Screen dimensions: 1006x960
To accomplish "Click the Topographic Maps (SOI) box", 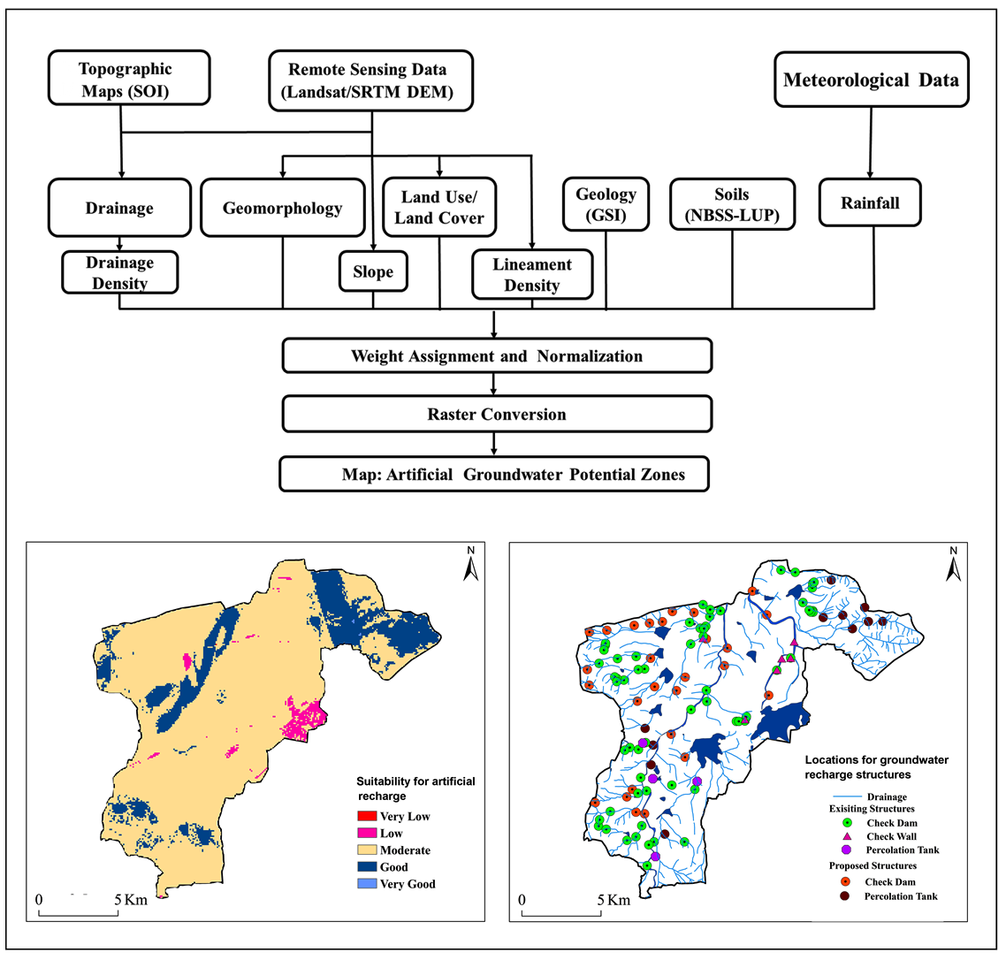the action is pyautogui.click(x=129, y=78).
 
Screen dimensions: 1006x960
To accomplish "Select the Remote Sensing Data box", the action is pyautogui.click(x=370, y=80).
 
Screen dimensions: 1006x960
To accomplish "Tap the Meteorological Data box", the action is pyautogui.click(x=872, y=80).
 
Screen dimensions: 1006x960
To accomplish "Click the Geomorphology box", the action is pyautogui.click(x=282, y=208).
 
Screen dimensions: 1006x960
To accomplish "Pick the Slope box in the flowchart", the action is pyautogui.click(x=373, y=271).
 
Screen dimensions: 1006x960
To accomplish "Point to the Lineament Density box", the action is pyautogui.click(x=532, y=275).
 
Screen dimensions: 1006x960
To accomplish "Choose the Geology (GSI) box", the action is pyautogui.click(x=606, y=204).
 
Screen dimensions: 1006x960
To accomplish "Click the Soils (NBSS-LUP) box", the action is pyautogui.click(x=732, y=204).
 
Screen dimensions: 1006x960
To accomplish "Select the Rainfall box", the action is pyautogui.click(x=870, y=202).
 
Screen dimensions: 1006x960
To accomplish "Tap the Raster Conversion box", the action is pyautogui.click(x=497, y=414).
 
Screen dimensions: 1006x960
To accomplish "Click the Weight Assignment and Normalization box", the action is pyautogui.click(x=497, y=355).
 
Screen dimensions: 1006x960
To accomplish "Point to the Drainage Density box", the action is pyautogui.click(x=120, y=273).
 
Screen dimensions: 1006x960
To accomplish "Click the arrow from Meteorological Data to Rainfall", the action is pyautogui.click(x=871, y=142).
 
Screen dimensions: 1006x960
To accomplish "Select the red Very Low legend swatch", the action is pyautogui.click(x=367, y=816).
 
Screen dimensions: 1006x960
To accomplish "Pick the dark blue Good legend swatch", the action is pyautogui.click(x=367, y=867).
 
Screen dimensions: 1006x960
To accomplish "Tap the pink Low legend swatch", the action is pyautogui.click(x=367, y=833).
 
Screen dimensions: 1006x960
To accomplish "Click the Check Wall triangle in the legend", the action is pyautogui.click(x=846, y=836).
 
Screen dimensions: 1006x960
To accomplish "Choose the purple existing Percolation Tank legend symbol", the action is pyautogui.click(x=846, y=850).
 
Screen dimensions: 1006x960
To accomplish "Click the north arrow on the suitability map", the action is pyautogui.click(x=471, y=565).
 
